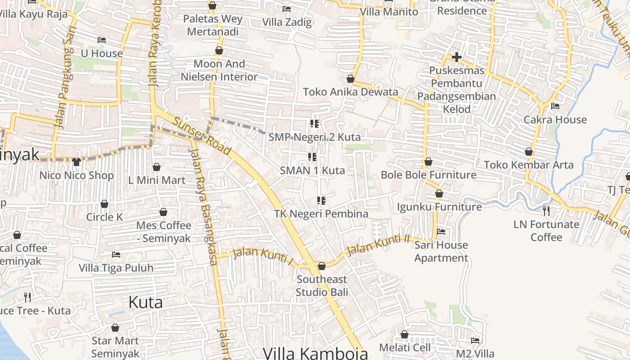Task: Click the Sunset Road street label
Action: (202, 137)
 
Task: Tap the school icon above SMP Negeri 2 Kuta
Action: (314, 123)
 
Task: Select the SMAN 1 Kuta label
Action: (312, 171)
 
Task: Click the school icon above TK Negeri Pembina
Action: (321, 200)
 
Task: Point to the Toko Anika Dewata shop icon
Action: (351, 79)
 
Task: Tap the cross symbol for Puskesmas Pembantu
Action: (457, 57)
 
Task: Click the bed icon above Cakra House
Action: (555, 106)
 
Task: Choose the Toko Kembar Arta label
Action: (529, 165)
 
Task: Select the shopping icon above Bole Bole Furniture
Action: (428, 161)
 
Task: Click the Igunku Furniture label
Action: (439, 207)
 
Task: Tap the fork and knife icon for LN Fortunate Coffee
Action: (546, 210)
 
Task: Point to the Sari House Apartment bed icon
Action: (441, 231)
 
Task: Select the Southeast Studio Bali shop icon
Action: (322, 266)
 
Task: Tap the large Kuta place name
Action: (145, 302)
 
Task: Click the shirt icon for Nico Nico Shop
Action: (76, 162)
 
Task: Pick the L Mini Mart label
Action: (157, 180)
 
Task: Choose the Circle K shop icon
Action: (104, 204)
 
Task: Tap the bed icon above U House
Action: (102, 40)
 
